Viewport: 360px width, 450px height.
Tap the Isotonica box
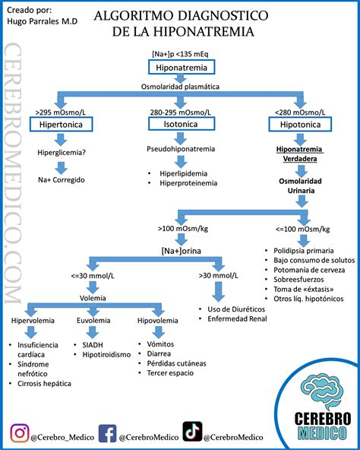181,123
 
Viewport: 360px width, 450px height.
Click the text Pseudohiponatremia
181,149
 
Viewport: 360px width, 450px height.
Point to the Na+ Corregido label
62,179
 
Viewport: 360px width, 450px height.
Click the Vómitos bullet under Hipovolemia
156,344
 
